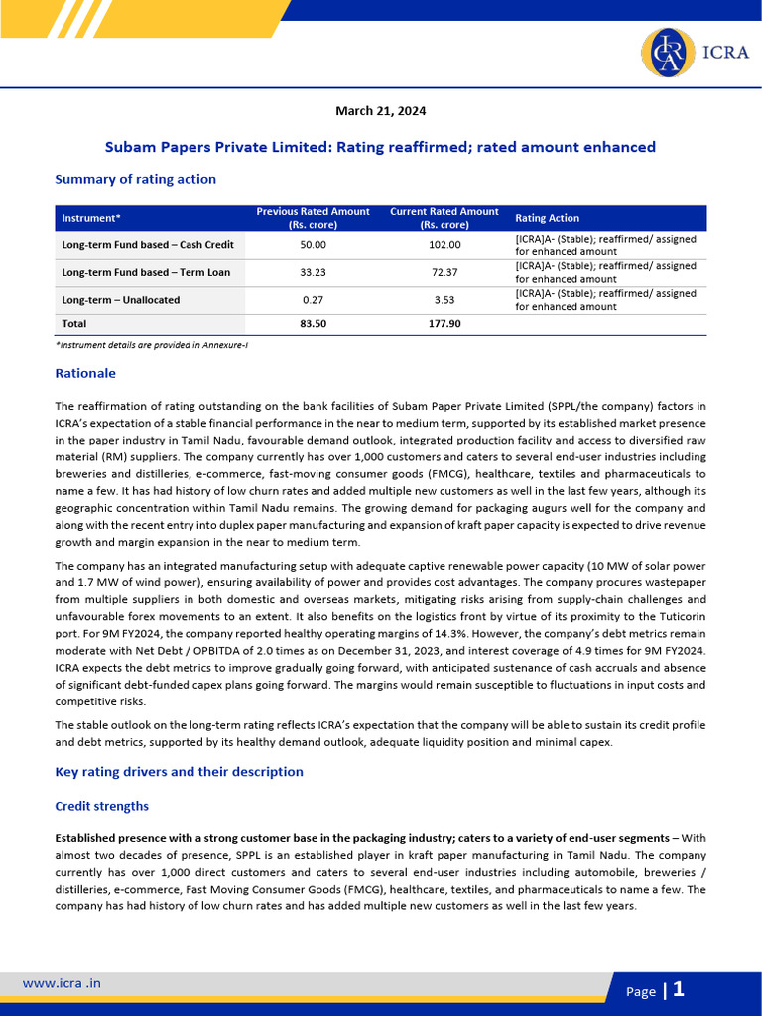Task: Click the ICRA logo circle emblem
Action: pyautogui.click(x=669, y=54)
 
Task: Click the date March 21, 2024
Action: pyautogui.click(x=381, y=111)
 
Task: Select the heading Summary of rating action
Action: pyautogui.click(x=135, y=179)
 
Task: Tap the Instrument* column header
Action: pyautogui.click(x=91, y=218)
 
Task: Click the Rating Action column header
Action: pyautogui.click(x=547, y=218)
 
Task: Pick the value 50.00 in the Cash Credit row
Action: pyautogui.click(x=313, y=245)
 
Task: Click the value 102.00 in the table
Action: pyautogui.click(x=444, y=245)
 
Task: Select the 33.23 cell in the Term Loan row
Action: pyautogui.click(x=313, y=272)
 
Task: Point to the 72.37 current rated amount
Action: pyautogui.click(x=444, y=272)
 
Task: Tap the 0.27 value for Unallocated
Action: pyautogui.click(x=313, y=299)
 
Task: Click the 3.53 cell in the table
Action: pyautogui.click(x=444, y=299)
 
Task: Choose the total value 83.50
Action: pyautogui.click(x=313, y=323)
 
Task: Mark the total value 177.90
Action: pyautogui.click(x=444, y=323)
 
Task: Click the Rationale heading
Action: pyautogui.click(x=85, y=374)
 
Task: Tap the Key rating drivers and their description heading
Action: pyautogui.click(x=179, y=772)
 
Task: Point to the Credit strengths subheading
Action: pyautogui.click(x=101, y=806)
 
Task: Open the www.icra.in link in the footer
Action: pyautogui.click(x=62, y=983)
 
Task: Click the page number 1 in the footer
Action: pyautogui.click(x=679, y=989)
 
